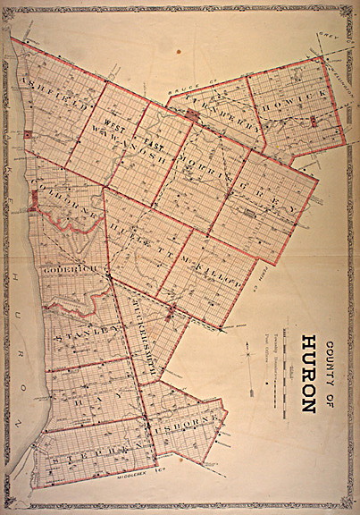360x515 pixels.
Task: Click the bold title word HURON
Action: tap(308, 374)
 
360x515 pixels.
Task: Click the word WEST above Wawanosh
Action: tap(112, 123)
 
